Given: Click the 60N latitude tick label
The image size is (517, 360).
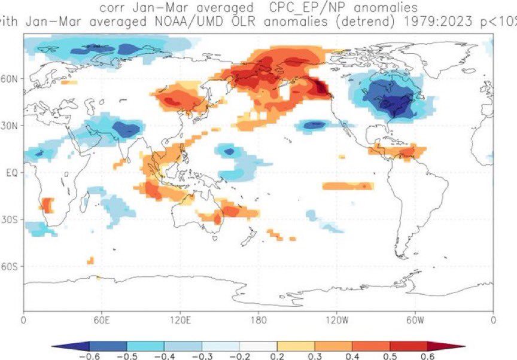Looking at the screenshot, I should [11, 79].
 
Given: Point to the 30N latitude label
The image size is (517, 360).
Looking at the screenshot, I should [11, 126].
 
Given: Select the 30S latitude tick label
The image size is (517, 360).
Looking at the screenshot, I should [11, 219].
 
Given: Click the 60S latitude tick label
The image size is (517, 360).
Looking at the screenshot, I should [11, 266].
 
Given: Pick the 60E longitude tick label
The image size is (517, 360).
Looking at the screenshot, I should [101, 320].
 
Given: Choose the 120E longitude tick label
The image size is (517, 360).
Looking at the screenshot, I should [180, 320].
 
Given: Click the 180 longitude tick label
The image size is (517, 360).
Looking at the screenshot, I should [258, 320].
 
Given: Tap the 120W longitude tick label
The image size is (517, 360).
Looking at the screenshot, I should [336, 320].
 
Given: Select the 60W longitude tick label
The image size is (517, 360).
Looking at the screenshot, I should [415, 320].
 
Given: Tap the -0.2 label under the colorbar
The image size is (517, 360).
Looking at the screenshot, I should [239, 356].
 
